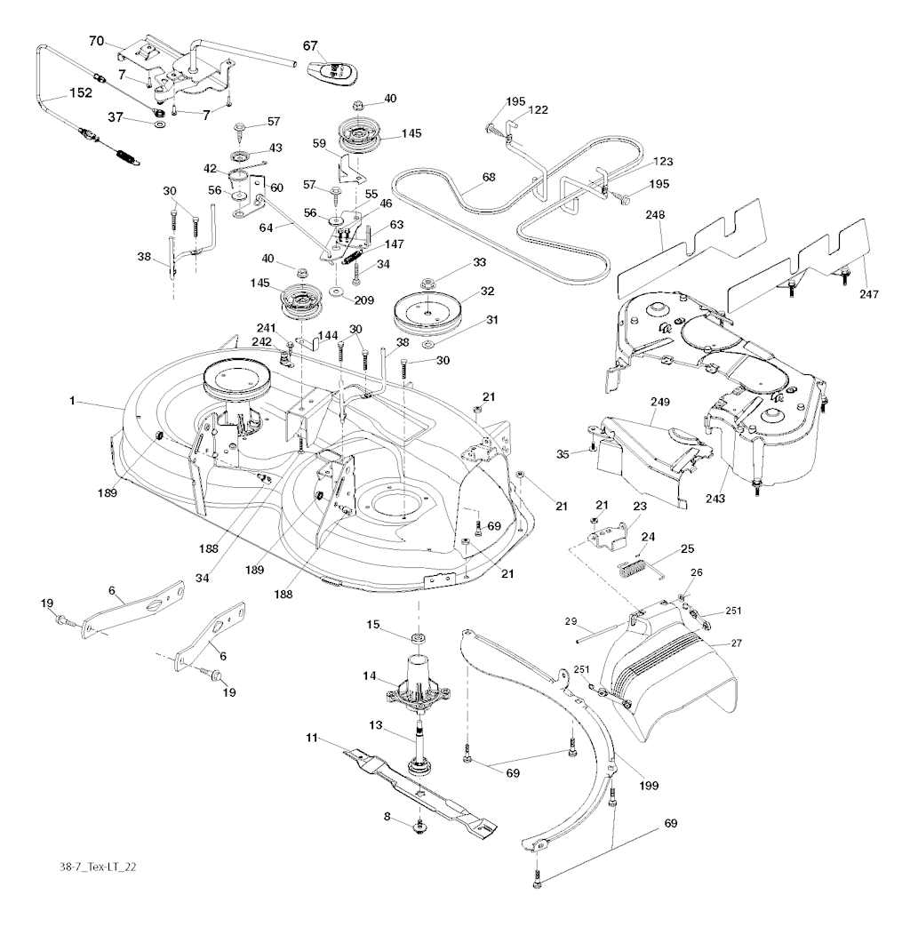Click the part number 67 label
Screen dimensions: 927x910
pyautogui.click(x=310, y=45)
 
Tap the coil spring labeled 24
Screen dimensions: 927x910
pyautogui.click(x=632, y=566)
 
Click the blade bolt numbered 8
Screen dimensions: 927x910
pyautogui.click(x=418, y=828)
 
